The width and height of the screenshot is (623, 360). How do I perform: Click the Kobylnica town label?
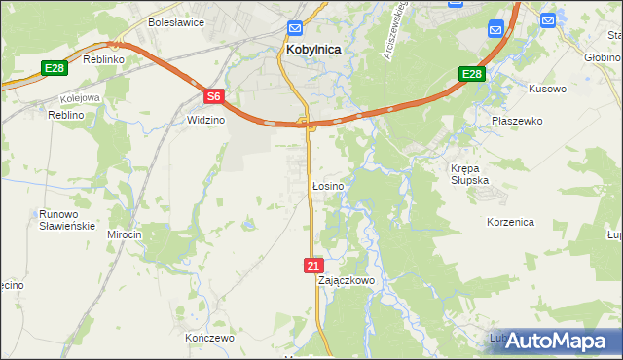[x=311, y=47]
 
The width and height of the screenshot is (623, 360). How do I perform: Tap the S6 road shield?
[x=215, y=96]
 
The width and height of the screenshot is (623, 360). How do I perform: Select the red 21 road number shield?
[x=312, y=265]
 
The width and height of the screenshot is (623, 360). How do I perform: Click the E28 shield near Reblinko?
[x=54, y=68]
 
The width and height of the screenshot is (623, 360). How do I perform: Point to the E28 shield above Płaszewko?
[x=471, y=74]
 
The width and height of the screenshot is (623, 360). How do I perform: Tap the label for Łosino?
[x=326, y=185]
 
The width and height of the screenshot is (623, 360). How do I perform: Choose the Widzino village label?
[x=205, y=120]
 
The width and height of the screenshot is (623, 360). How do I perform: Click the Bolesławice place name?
[x=173, y=21]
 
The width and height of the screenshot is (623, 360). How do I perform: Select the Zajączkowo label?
[x=347, y=280]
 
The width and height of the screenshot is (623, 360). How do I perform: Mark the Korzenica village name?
[x=510, y=222]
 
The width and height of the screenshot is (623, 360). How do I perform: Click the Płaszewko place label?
[x=517, y=121]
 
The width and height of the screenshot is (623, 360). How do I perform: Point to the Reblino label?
[x=67, y=115]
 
